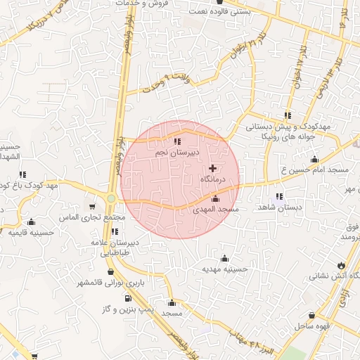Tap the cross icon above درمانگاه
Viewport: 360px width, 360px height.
213,168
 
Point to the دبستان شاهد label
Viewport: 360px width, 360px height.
279,208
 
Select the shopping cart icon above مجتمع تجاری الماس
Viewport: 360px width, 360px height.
92,207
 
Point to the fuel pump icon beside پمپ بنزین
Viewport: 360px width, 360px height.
127,298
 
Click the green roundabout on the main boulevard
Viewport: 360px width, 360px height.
111,199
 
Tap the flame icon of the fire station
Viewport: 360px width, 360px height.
341,264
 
